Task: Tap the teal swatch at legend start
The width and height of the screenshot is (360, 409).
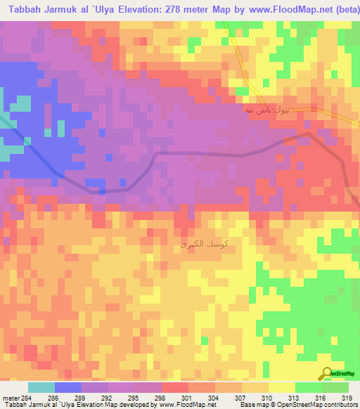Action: tap(41, 387)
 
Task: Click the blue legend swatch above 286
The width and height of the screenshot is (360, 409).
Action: tap(68, 387)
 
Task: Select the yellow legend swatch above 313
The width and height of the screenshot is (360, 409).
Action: tap(282, 387)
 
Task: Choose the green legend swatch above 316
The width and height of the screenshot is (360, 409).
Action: tap(309, 387)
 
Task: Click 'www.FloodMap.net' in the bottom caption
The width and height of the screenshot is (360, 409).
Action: tap(173, 405)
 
